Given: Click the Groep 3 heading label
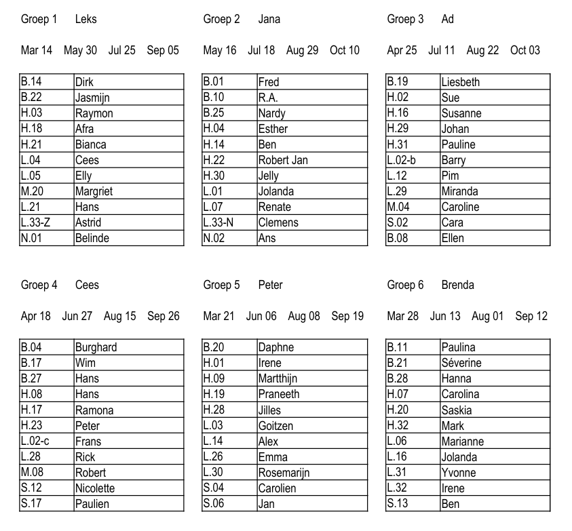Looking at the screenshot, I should coord(405,19).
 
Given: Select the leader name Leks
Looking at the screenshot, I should coord(86,19).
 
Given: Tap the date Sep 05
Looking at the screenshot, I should coord(163,50).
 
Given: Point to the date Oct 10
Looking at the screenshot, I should coord(345,50).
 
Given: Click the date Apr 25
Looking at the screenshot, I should coord(402,50).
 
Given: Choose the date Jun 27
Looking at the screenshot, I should coord(77,316).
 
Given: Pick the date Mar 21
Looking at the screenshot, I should coord(218,316).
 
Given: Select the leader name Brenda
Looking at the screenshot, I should coord(457,285).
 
